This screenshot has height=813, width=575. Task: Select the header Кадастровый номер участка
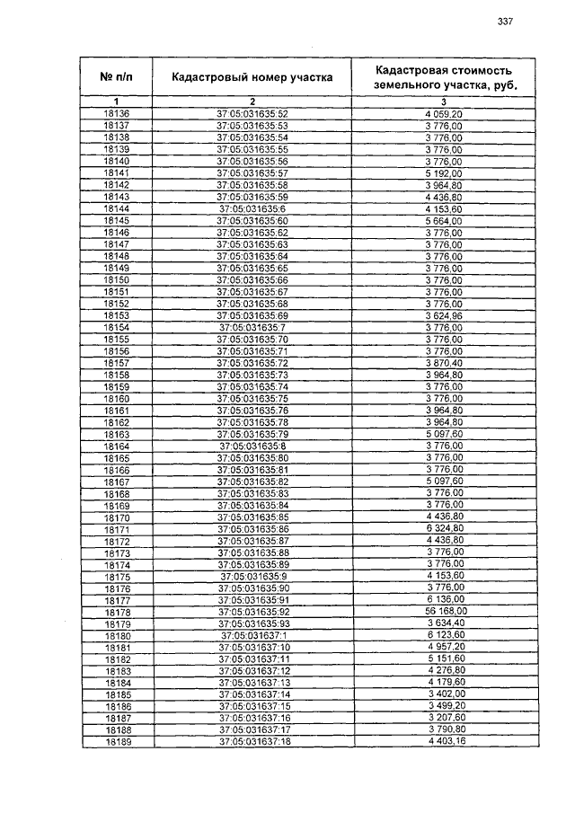click(x=252, y=77)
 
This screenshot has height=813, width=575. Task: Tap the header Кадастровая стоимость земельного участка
click(x=445, y=77)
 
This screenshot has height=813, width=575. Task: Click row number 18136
click(x=117, y=114)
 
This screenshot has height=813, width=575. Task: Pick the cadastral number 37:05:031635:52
click(x=252, y=114)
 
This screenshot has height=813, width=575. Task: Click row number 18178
click(x=117, y=611)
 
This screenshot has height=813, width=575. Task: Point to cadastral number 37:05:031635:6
click(x=252, y=208)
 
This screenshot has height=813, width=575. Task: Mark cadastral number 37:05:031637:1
click(x=252, y=635)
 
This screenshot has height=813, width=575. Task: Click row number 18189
click(x=117, y=742)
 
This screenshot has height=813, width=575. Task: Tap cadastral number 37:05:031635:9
click(x=252, y=576)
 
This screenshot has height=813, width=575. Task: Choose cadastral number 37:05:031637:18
click(x=252, y=742)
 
